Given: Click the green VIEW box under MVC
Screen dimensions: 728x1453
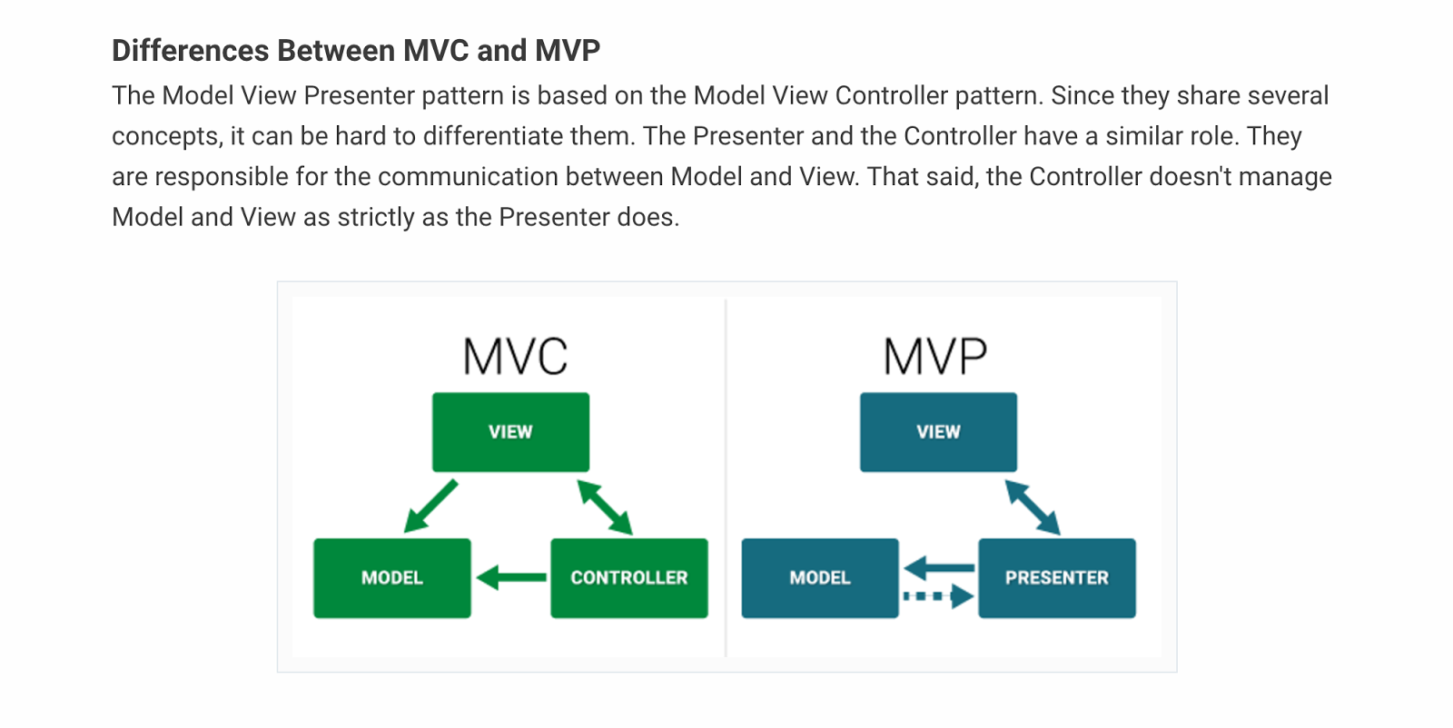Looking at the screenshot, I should (x=510, y=432).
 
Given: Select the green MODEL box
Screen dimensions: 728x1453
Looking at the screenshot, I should (x=392, y=578).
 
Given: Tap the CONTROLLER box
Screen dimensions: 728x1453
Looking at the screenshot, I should (x=628, y=578).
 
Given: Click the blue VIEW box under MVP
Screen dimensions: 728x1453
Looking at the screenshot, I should (x=938, y=432).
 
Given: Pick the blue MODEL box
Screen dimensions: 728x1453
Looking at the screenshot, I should (x=820, y=578).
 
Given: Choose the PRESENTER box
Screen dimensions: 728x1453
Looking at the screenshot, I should (x=1056, y=578).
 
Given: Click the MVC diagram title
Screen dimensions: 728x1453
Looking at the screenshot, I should (x=515, y=357).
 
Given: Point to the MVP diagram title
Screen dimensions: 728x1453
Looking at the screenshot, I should (x=934, y=357).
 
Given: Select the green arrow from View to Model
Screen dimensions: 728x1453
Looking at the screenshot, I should (x=431, y=506).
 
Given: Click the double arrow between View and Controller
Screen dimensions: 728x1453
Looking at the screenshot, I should (x=605, y=507).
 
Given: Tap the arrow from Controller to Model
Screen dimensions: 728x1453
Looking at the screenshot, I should (x=511, y=577).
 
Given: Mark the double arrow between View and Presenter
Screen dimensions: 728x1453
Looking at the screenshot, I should (x=1033, y=507).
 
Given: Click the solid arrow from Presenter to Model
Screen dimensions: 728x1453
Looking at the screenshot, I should (x=939, y=568).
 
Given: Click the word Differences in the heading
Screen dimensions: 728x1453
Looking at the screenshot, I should (x=190, y=51).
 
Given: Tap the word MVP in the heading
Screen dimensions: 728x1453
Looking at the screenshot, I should (x=567, y=51).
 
